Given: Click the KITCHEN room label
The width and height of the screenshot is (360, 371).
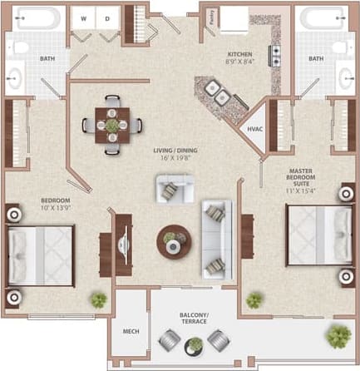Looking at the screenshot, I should click(x=241, y=55).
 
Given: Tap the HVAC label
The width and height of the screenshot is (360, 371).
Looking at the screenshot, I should click(x=254, y=131).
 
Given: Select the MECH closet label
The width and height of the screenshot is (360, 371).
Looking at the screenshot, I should click(x=131, y=331).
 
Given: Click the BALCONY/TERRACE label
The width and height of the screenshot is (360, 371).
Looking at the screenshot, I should click(x=194, y=317).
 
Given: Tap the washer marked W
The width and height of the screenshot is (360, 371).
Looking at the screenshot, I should click(x=84, y=17).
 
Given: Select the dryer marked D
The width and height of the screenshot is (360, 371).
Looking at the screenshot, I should click(x=106, y=17).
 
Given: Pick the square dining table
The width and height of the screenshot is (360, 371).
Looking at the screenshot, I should click(x=111, y=125).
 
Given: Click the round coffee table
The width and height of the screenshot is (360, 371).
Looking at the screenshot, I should click(x=174, y=241).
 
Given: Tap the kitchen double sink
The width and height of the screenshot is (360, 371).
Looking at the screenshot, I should click(x=219, y=99).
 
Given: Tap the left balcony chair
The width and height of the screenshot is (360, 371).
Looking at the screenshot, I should click(x=170, y=340).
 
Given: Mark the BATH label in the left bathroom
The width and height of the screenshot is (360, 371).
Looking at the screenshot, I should click(x=47, y=58).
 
